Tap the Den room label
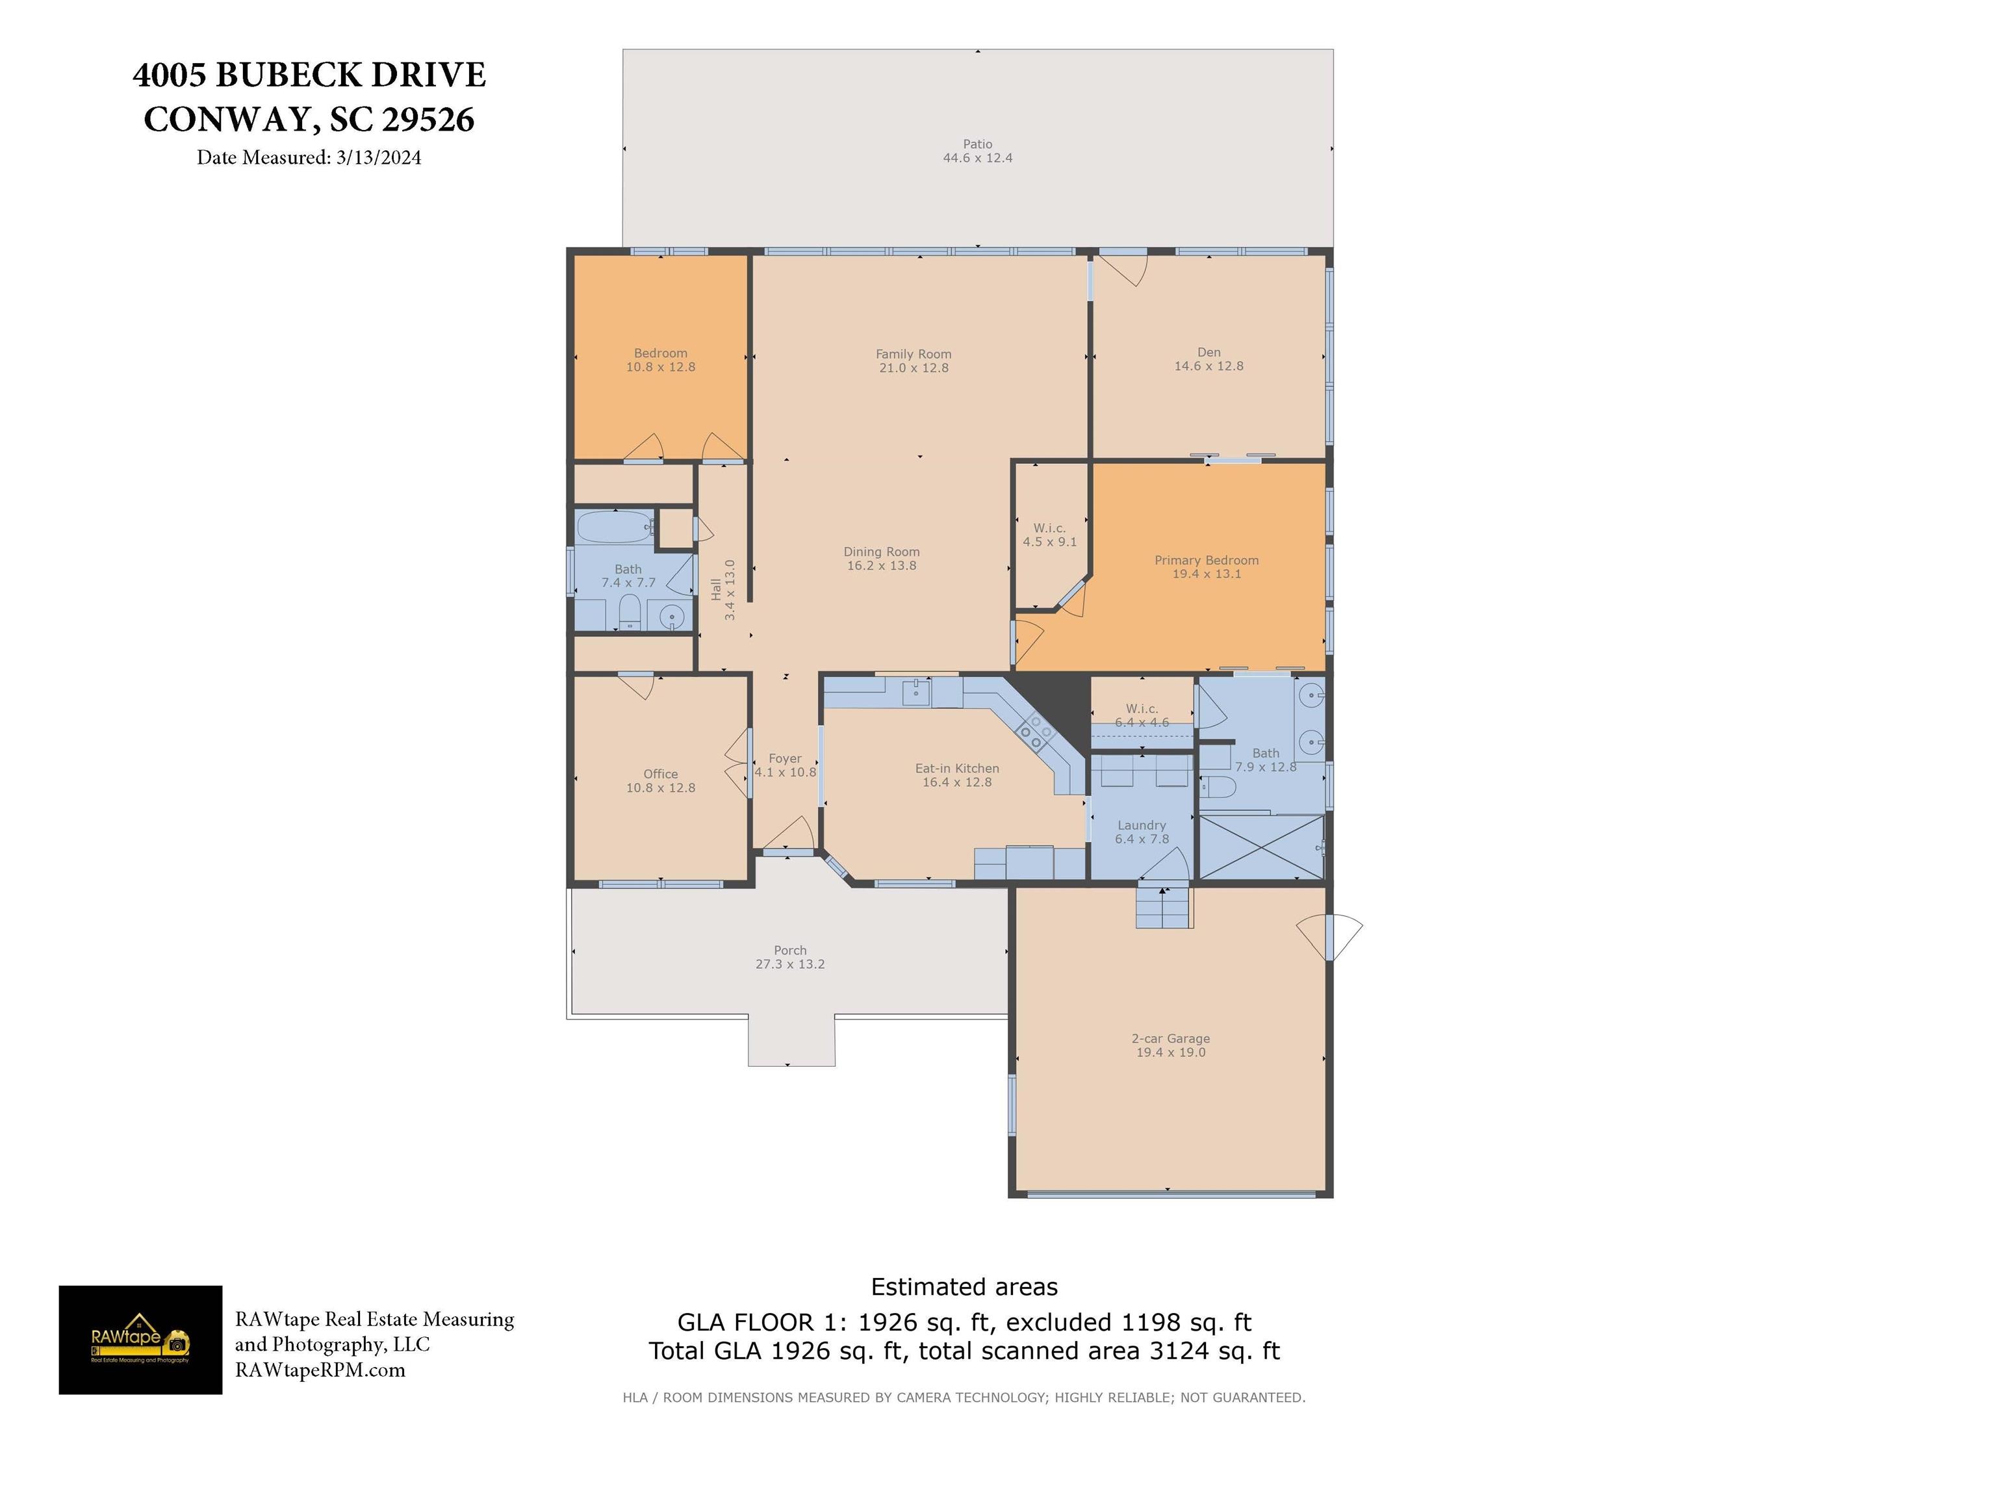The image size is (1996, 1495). pyautogui.click(x=1209, y=353)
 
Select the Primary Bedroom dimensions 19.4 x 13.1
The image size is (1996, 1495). pyautogui.click(x=1207, y=574)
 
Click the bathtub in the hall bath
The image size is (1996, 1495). pyautogui.click(x=615, y=526)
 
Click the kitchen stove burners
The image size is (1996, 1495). pyautogui.click(x=1035, y=731)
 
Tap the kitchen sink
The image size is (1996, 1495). pyautogui.click(x=917, y=693)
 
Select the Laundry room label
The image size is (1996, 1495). pyautogui.click(x=1142, y=824)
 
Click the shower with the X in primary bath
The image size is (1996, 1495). pyautogui.click(x=1260, y=847)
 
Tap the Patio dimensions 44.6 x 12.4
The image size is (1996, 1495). pyautogui.click(x=977, y=158)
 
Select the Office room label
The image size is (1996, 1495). pyautogui.click(x=661, y=774)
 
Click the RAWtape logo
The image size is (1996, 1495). pyautogui.click(x=141, y=1340)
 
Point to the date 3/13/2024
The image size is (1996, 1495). pyautogui.click(x=378, y=158)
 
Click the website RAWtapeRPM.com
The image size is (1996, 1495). pyautogui.click(x=320, y=1370)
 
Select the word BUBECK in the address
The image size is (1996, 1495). pyautogui.click(x=288, y=75)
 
